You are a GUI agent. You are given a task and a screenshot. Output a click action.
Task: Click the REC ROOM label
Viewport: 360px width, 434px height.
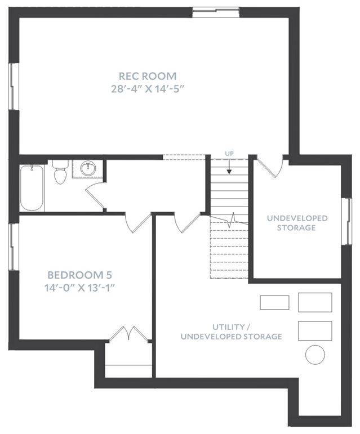point(147,76)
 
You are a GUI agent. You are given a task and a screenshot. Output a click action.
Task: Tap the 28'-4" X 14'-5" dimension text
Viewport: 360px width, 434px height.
point(148,89)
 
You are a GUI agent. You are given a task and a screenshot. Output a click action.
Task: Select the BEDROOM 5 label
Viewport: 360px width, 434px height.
point(80,275)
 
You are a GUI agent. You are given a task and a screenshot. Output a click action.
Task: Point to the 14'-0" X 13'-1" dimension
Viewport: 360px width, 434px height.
point(80,288)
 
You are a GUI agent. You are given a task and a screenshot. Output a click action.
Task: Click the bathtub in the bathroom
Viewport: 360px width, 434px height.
point(32,187)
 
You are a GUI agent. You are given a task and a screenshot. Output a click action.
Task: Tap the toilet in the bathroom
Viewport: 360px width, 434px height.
point(60,172)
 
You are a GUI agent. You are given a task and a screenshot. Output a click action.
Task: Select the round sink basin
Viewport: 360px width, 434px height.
point(88,168)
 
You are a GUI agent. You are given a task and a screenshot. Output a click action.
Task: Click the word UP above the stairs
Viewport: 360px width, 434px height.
point(229,154)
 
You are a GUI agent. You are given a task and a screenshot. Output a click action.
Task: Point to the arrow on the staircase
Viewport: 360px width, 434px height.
point(229,167)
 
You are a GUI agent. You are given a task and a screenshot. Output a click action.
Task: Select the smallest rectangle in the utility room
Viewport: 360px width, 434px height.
point(274,302)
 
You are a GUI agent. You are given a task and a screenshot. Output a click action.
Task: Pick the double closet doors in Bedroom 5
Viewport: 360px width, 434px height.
point(129,334)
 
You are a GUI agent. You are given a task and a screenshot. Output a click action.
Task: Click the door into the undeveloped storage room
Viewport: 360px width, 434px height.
point(269,166)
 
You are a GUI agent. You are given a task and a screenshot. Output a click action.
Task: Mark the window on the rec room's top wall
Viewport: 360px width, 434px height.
point(216,12)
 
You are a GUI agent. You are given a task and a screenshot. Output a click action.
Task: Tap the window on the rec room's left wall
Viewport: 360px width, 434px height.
point(14,86)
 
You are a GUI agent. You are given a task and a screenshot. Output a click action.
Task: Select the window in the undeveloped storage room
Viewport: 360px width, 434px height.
point(346,221)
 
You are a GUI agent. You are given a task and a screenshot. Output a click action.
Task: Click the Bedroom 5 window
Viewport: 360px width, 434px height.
point(14,247)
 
